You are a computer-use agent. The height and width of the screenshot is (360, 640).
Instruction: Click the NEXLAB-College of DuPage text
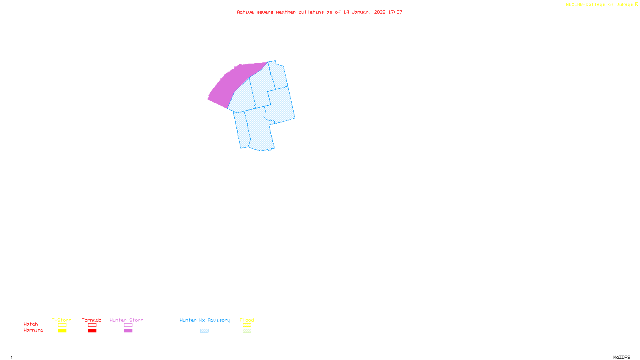[599, 5]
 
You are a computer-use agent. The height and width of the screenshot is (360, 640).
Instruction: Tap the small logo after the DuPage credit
[636, 4]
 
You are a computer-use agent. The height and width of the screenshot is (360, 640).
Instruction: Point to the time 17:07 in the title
[395, 12]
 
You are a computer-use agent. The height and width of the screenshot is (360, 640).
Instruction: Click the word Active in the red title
[245, 12]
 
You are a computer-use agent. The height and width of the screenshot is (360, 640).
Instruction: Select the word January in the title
[361, 12]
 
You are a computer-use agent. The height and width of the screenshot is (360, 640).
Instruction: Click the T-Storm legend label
[62, 320]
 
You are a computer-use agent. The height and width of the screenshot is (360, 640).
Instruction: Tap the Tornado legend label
[92, 320]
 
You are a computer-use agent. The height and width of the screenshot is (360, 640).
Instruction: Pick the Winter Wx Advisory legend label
[205, 320]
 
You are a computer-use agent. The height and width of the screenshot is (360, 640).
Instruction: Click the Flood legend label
[247, 320]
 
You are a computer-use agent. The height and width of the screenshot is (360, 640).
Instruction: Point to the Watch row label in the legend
[31, 324]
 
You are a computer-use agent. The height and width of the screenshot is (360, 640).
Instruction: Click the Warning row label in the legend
[34, 330]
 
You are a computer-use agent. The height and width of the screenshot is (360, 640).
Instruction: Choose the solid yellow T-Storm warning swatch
[62, 331]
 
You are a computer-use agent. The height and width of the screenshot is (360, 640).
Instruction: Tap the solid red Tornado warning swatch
[92, 331]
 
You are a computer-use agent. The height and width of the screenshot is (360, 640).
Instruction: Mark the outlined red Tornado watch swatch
[92, 325]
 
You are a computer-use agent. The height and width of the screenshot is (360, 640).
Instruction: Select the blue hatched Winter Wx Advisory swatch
[204, 331]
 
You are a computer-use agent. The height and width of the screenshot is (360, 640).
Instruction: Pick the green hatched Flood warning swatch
[247, 331]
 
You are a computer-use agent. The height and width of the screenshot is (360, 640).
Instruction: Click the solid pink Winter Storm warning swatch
[128, 331]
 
